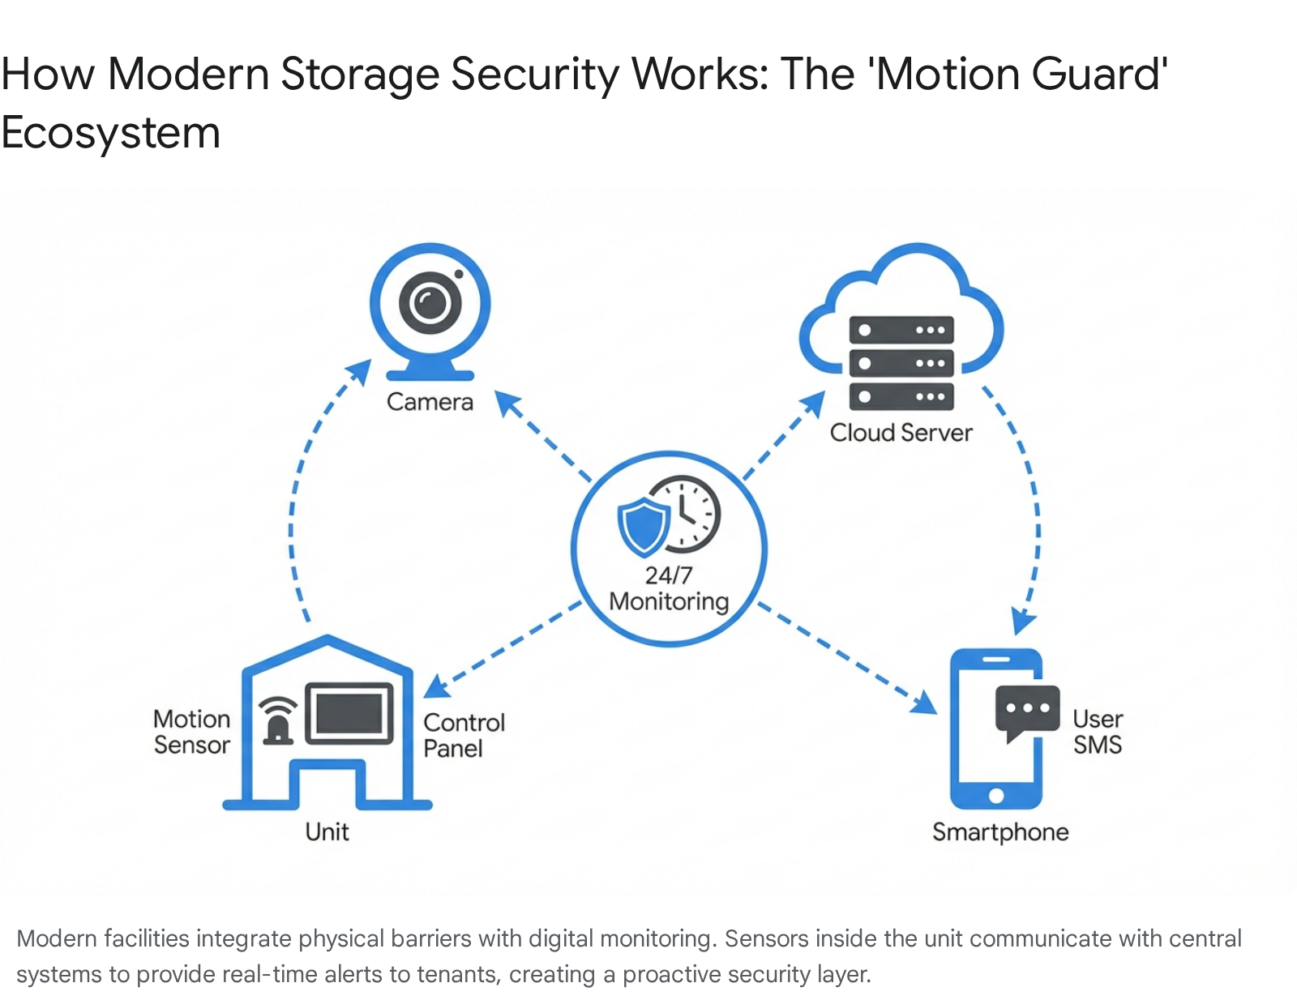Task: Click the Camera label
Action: click(430, 402)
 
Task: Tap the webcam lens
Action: click(430, 303)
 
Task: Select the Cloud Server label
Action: click(901, 433)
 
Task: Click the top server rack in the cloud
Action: click(901, 331)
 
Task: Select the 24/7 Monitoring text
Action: click(669, 588)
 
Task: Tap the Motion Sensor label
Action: click(192, 732)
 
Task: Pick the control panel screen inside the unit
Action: click(349, 714)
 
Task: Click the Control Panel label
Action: click(464, 735)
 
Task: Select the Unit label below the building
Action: click(327, 832)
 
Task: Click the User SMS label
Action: click(1098, 732)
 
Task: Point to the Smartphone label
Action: click(1000, 832)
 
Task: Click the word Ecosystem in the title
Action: click(111, 133)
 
